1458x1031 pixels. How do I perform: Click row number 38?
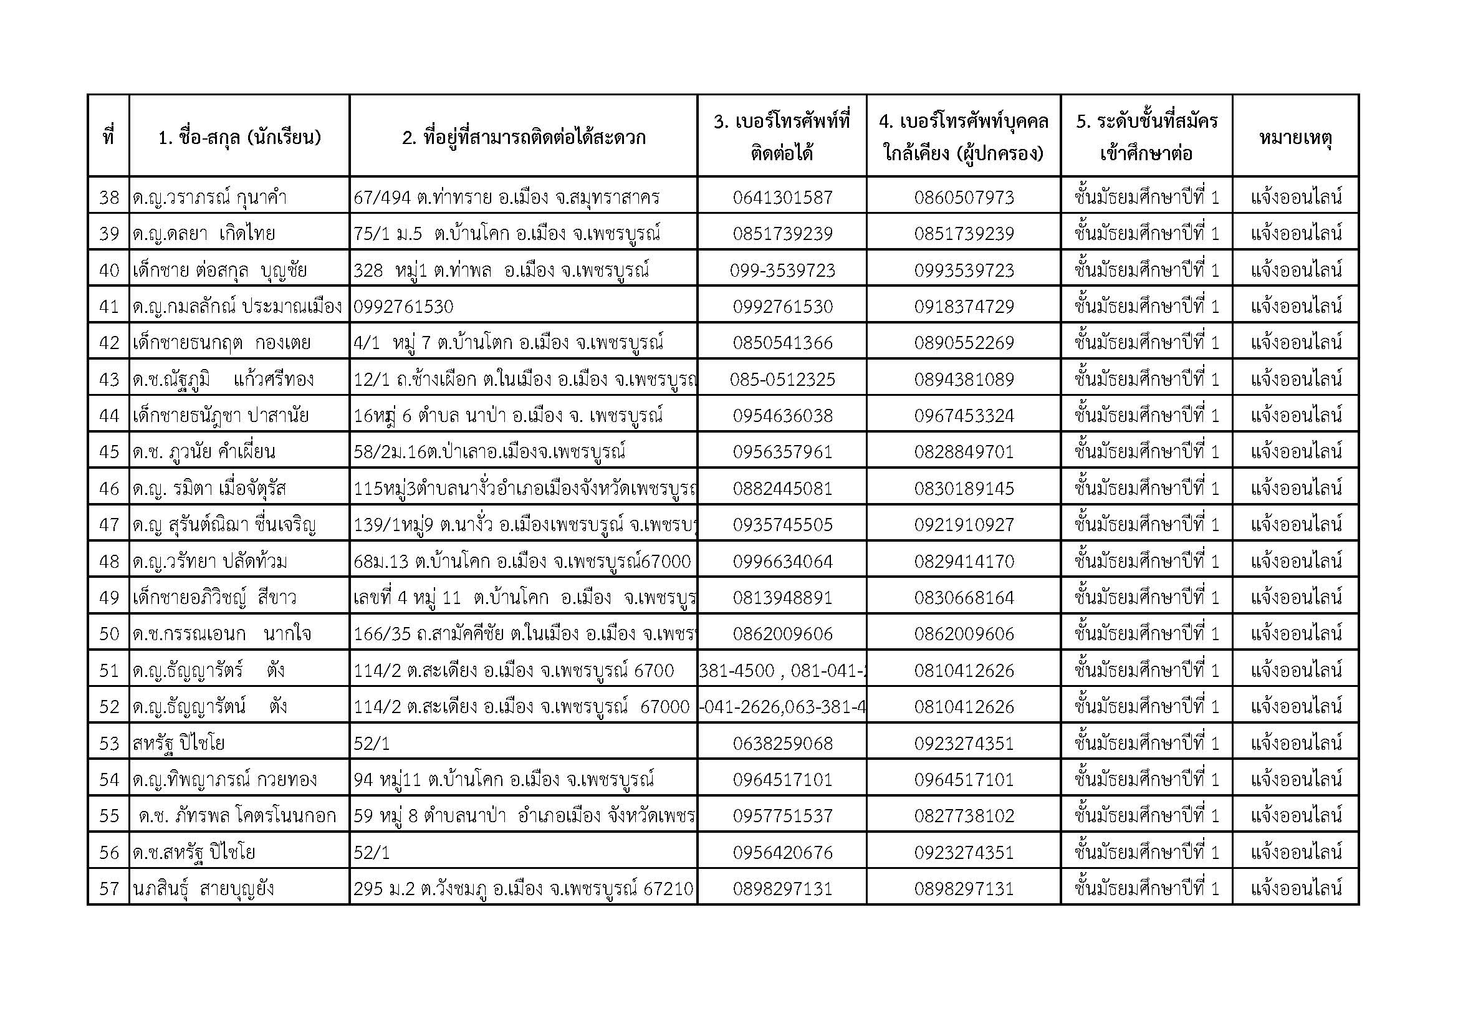click(x=108, y=198)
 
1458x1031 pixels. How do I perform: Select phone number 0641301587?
click(x=782, y=198)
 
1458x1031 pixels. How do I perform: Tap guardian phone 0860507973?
click(x=963, y=198)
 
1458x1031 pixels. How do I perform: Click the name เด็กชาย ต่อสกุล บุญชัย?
click(x=219, y=271)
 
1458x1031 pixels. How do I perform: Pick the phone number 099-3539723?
click(x=782, y=271)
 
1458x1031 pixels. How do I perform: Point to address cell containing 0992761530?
click(x=404, y=307)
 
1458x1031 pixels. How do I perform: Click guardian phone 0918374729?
click(x=963, y=307)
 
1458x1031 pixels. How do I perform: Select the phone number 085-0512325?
click(x=782, y=380)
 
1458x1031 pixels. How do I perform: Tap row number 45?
click(x=108, y=452)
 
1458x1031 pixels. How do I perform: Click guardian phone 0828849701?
click(x=963, y=452)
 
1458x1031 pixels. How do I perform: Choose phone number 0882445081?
click(x=782, y=489)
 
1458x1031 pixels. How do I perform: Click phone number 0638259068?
click(x=782, y=744)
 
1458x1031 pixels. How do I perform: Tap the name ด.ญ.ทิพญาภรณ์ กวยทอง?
click(x=225, y=780)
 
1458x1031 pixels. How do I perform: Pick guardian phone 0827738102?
click(x=963, y=816)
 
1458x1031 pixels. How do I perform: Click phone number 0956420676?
click(x=782, y=853)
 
